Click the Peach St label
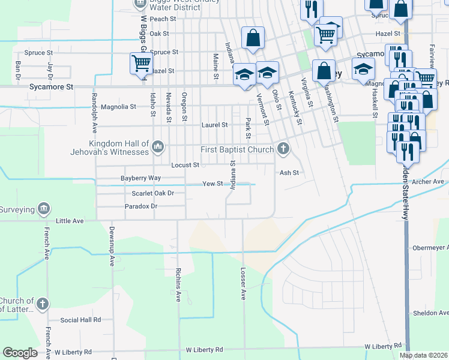tap(163, 19)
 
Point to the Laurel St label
tap(214, 125)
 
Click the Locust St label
tap(185, 165)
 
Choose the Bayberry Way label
tap(140, 178)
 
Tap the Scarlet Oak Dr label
tap(152, 193)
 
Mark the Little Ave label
tap(70, 221)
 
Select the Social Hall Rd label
tap(80, 320)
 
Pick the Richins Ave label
tap(178, 286)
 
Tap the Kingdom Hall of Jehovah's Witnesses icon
tap(158, 145)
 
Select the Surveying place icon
tap(43, 208)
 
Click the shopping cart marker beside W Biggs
tap(141, 63)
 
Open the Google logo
tap(20, 353)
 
